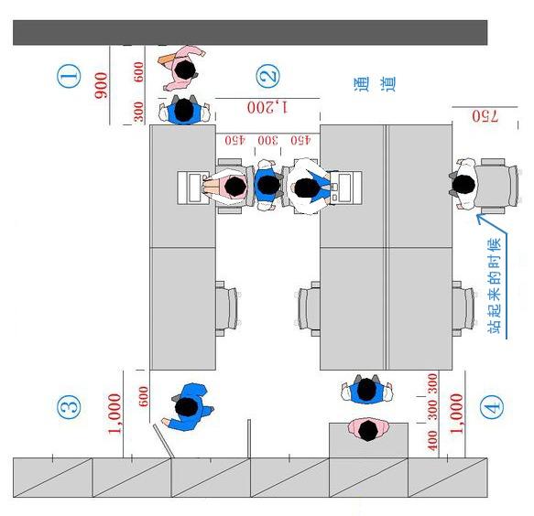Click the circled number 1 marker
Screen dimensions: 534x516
[x=69, y=76]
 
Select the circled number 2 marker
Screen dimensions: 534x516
[x=268, y=76]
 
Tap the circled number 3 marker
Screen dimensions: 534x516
[x=69, y=407]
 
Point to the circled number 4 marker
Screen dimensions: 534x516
[x=492, y=407]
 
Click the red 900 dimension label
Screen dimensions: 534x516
[x=101, y=85]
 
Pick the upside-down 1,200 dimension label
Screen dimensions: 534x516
[x=267, y=107]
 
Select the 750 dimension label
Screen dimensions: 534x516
[x=485, y=116]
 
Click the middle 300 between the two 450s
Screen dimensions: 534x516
[x=267, y=140]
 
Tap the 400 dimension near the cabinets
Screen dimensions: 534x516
[x=432, y=440]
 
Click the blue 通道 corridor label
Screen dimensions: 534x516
[x=375, y=83]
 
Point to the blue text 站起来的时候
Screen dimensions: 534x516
[x=495, y=285]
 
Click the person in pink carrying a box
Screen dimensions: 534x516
[x=182, y=69]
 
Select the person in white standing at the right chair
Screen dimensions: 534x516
[x=463, y=184]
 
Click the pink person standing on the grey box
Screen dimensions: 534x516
[x=368, y=430]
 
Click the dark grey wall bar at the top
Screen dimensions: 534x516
[x=250, y=33]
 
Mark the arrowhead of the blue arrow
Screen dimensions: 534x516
[x=479, y=218]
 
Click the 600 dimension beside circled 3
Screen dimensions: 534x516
[x=144, y=396]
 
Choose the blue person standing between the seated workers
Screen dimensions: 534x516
[x=267, y=185]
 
